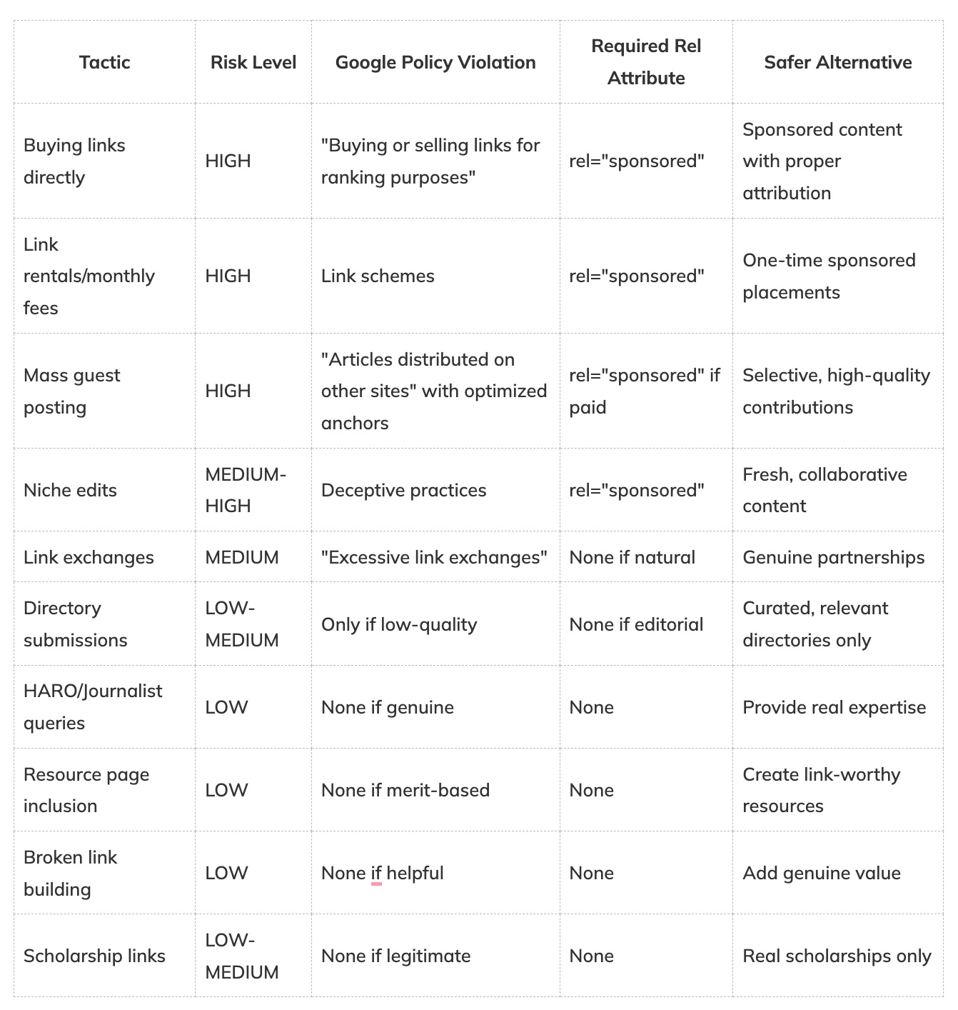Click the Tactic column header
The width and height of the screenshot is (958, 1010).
coord(104,62)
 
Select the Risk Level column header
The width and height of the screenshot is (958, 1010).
coord(253,62)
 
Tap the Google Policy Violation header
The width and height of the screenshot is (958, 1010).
coord(435,62)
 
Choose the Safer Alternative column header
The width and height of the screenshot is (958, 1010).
coord(837,62)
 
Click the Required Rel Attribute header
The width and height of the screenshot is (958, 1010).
coord(646,62)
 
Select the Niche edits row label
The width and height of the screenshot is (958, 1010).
coord(70,490)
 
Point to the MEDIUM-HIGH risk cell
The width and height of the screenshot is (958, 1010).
coord(245,490)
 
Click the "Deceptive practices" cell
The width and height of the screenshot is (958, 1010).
coord(403,490)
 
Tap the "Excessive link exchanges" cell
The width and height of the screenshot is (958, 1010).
coord(434,557)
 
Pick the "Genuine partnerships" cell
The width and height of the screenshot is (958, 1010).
coord(833,557)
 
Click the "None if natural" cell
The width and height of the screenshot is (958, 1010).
coord(632,557)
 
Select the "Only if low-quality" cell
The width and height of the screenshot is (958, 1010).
coord(398,624)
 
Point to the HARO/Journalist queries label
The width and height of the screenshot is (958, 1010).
coord(93,706)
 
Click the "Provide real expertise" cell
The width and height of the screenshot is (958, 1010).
coord(834,707)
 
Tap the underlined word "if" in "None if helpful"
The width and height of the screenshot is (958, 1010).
coord(376,873)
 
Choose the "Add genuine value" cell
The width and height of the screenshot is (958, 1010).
coord(821,873)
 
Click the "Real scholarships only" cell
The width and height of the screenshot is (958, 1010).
coord(837,956)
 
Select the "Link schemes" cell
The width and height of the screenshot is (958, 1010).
coord(378,276)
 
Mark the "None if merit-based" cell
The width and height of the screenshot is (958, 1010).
coord(405,790)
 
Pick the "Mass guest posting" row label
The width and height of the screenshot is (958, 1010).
coord(71,391)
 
